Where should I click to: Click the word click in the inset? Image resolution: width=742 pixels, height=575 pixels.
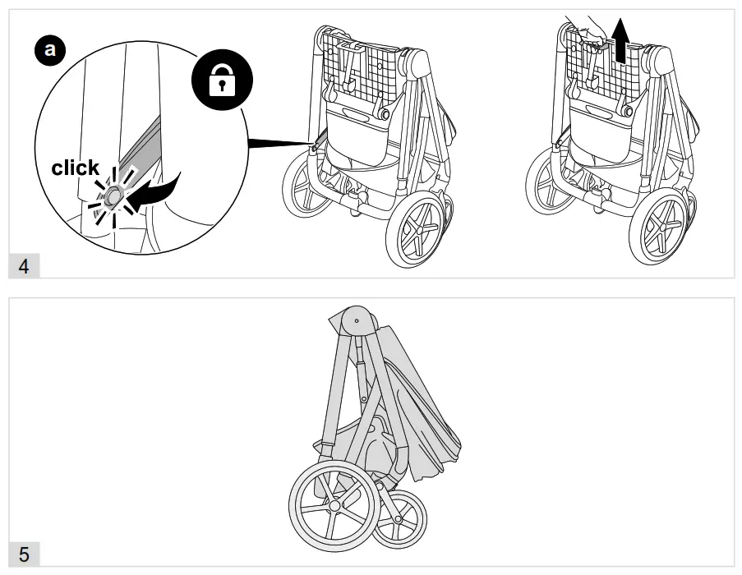pyautogui.click(x=76, y=168)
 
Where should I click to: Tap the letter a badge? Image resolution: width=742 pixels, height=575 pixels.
pyautogui.click(x=51, y=51)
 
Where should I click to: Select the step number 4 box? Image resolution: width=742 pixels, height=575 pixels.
pyautogui.click(x=23, y=267)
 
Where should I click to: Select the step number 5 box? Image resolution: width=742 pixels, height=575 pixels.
pyautogui.click(x=24, y=554)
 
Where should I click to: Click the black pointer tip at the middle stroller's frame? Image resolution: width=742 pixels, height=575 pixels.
pyautogui.click(x=313, y=145)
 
